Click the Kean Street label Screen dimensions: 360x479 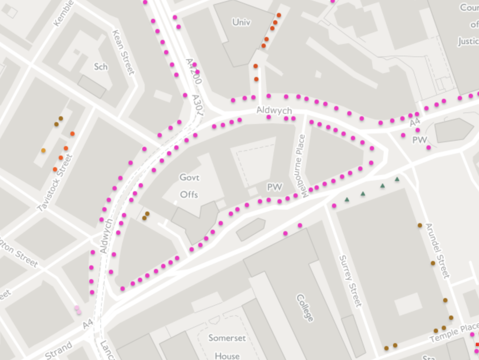(x=124, y=53)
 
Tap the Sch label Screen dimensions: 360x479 (x=101, y=67)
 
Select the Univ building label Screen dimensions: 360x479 (x=241, y=22)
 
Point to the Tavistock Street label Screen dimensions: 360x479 (x=55, y=183)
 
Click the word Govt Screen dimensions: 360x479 (x=189, y=177)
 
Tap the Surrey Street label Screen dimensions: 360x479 (x=350, y=280)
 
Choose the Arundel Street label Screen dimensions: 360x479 (x=438, y=251)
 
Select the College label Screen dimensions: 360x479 (x=305, y=308)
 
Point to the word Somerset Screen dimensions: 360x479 (x=227, y=338)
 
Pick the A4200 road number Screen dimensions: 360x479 (x=193, y=71)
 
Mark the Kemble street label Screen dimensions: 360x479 (x=64, y=13)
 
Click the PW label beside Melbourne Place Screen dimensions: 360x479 (x=274, y=187)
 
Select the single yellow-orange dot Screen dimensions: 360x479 (x=44, y=151)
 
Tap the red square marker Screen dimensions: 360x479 (x=477, y=344)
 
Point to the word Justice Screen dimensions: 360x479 (x=468, y=41)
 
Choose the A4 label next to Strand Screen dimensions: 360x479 (x=88, y=324)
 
